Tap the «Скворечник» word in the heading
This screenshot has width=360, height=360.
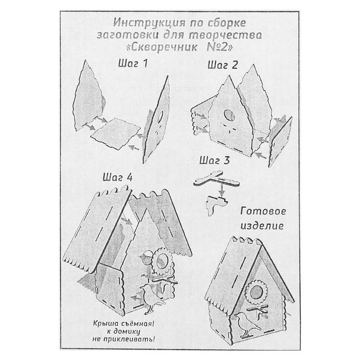click(x=162, y=47)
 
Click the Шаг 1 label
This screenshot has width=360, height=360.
click(x=133, y=64)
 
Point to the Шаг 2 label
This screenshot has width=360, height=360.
click(x=223, y=65)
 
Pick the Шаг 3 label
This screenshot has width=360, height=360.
click(x=214, y=160)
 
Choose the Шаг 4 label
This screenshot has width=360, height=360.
click(x=118, y=177)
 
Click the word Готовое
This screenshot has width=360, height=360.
click(x=263, y=211)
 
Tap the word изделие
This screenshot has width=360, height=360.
click(x=262, y=226)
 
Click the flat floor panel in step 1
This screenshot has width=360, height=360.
click(x=116, y=134)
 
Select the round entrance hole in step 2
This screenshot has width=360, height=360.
click(x=229, y=116)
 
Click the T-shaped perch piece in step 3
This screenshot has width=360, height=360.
click(x=217, y=178)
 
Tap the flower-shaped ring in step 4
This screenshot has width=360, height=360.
click(x=163, y=261)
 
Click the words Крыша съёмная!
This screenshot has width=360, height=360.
click(x=123, y=323)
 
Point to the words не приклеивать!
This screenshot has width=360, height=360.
click(x=123, y=339)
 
